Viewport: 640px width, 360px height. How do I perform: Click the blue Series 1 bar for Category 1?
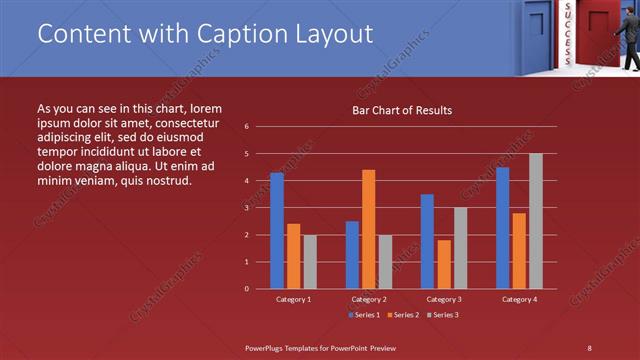[x=277, y=230]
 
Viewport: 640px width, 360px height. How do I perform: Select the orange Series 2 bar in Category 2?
[x=369, y=229]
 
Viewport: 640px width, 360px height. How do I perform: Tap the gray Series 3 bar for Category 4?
[x=536, y=221]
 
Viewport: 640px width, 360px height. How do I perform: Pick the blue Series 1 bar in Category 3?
[x=427, y=241]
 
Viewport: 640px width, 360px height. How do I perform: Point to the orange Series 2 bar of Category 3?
[x=444, y=264]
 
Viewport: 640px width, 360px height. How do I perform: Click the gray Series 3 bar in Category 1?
[x=310, y=261]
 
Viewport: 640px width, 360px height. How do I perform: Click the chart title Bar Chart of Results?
[x=402, y=110]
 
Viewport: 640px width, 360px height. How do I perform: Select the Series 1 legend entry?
[x=364, y=315]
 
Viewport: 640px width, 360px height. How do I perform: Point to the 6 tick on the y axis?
[x=246, y=127]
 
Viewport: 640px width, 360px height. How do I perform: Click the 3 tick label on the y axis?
[x=246, y=208]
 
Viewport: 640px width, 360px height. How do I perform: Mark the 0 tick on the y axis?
[x=246, y=289]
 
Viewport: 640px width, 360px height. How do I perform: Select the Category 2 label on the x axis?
[x=369, y=299]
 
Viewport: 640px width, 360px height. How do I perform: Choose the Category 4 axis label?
[x=519, y=299]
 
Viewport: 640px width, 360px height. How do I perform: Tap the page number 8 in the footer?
[x=589, y=347]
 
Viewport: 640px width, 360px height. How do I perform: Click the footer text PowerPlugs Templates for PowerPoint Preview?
[x=321, y=347]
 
